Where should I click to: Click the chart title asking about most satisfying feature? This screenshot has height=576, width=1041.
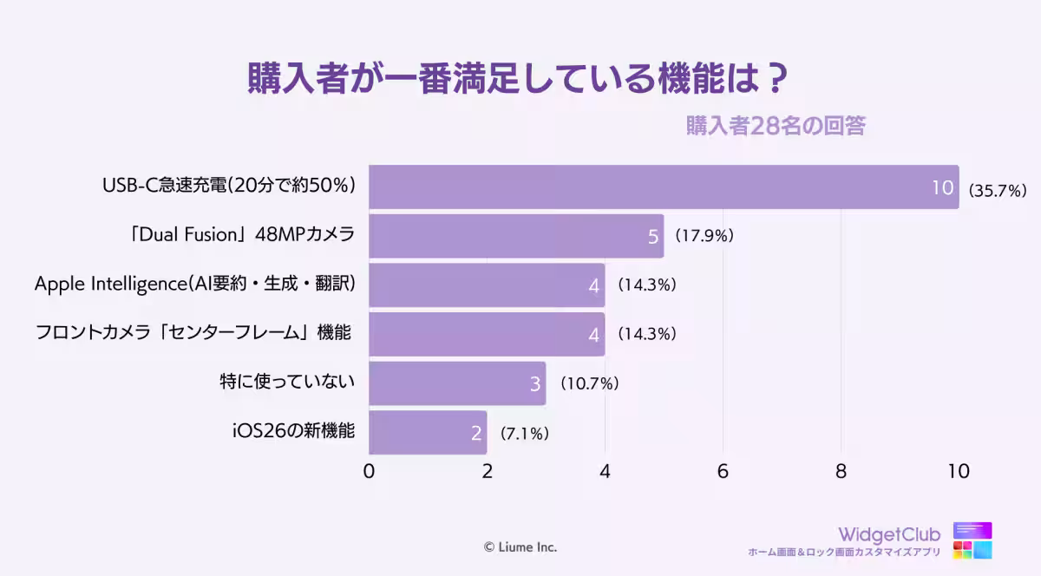(x=518, y=79)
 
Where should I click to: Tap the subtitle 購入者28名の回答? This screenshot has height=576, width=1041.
(x=776, y=126)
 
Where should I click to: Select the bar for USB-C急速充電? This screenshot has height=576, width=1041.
(x=664, y=187)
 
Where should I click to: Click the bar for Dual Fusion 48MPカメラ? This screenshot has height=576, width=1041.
(x=516, y=236)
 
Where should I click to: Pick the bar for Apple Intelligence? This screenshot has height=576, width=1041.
(x=487, y=285)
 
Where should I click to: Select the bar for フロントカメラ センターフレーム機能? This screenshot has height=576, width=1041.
(x=487, y=334)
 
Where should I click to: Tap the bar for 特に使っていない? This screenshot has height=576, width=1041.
(x=457, y=383)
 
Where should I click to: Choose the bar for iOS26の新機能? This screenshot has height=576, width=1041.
(x=428, y=432)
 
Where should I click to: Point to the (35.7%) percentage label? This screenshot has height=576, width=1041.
(x=998, y=189)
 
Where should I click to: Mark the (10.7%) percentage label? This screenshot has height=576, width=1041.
(x=587, y=383)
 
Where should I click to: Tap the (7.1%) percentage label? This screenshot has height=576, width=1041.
(x=524, y=432)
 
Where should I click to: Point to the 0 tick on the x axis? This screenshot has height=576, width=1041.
(x=370, y=472)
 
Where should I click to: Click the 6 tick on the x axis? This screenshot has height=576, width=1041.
(x=723, y=472)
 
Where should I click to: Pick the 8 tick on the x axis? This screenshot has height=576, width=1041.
(x=841, y=472)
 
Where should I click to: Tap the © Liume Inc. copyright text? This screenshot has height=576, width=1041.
(x=520, y=547)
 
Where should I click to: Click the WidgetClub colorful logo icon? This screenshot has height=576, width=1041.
(x=972, y=540)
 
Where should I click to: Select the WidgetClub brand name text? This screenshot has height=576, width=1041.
(x=888, y=534)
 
